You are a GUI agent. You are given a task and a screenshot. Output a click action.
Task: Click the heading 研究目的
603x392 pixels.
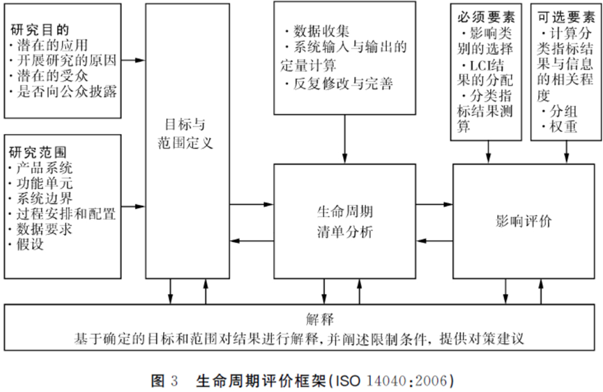[39, 31]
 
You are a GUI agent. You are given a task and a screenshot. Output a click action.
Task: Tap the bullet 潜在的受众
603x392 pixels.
[46, 77]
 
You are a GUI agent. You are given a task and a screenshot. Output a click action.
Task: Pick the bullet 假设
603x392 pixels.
[29, 244]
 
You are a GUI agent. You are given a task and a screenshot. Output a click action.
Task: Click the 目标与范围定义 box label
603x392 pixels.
[185, 137]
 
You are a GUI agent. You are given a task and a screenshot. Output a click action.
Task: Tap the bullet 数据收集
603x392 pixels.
[321, 31]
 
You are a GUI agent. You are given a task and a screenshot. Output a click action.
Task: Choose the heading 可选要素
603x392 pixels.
[565, 15]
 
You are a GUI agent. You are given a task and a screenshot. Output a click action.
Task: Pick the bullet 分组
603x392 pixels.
[562, 112]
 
